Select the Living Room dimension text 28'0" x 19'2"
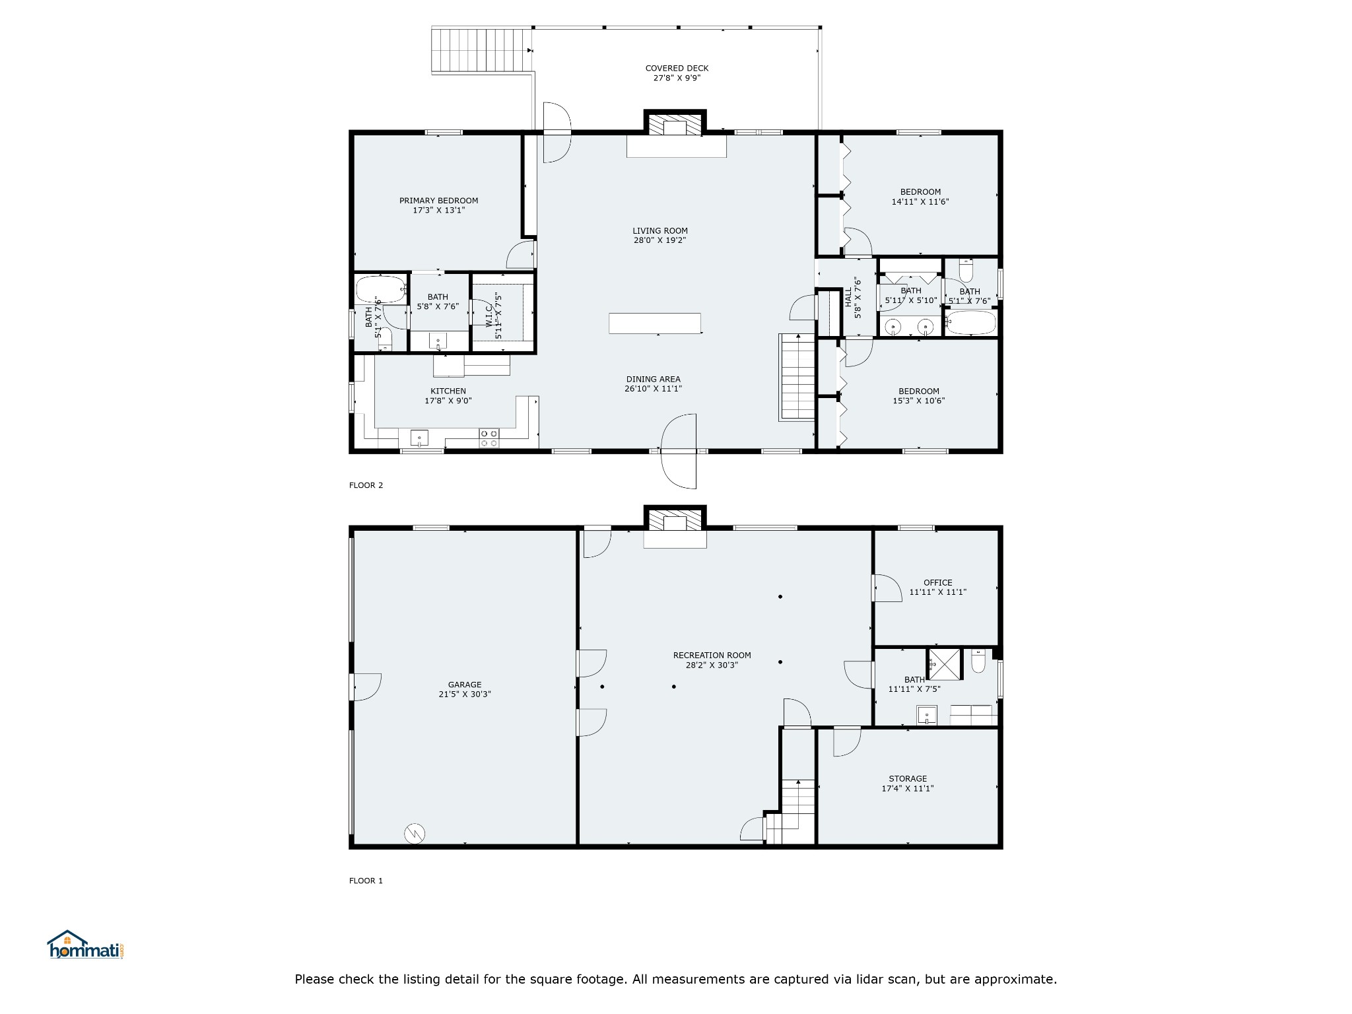point(660,240)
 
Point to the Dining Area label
point(653,379)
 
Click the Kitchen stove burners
point(489,438)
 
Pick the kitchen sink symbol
point(419,438)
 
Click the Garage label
point(465,685)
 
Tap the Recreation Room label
point(712,656)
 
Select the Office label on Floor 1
point(937,583)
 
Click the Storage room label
point(908,779)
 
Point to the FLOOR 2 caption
point(366,486)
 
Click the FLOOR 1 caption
point(366,881)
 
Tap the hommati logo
point(86,945)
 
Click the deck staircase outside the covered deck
point(482,50)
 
